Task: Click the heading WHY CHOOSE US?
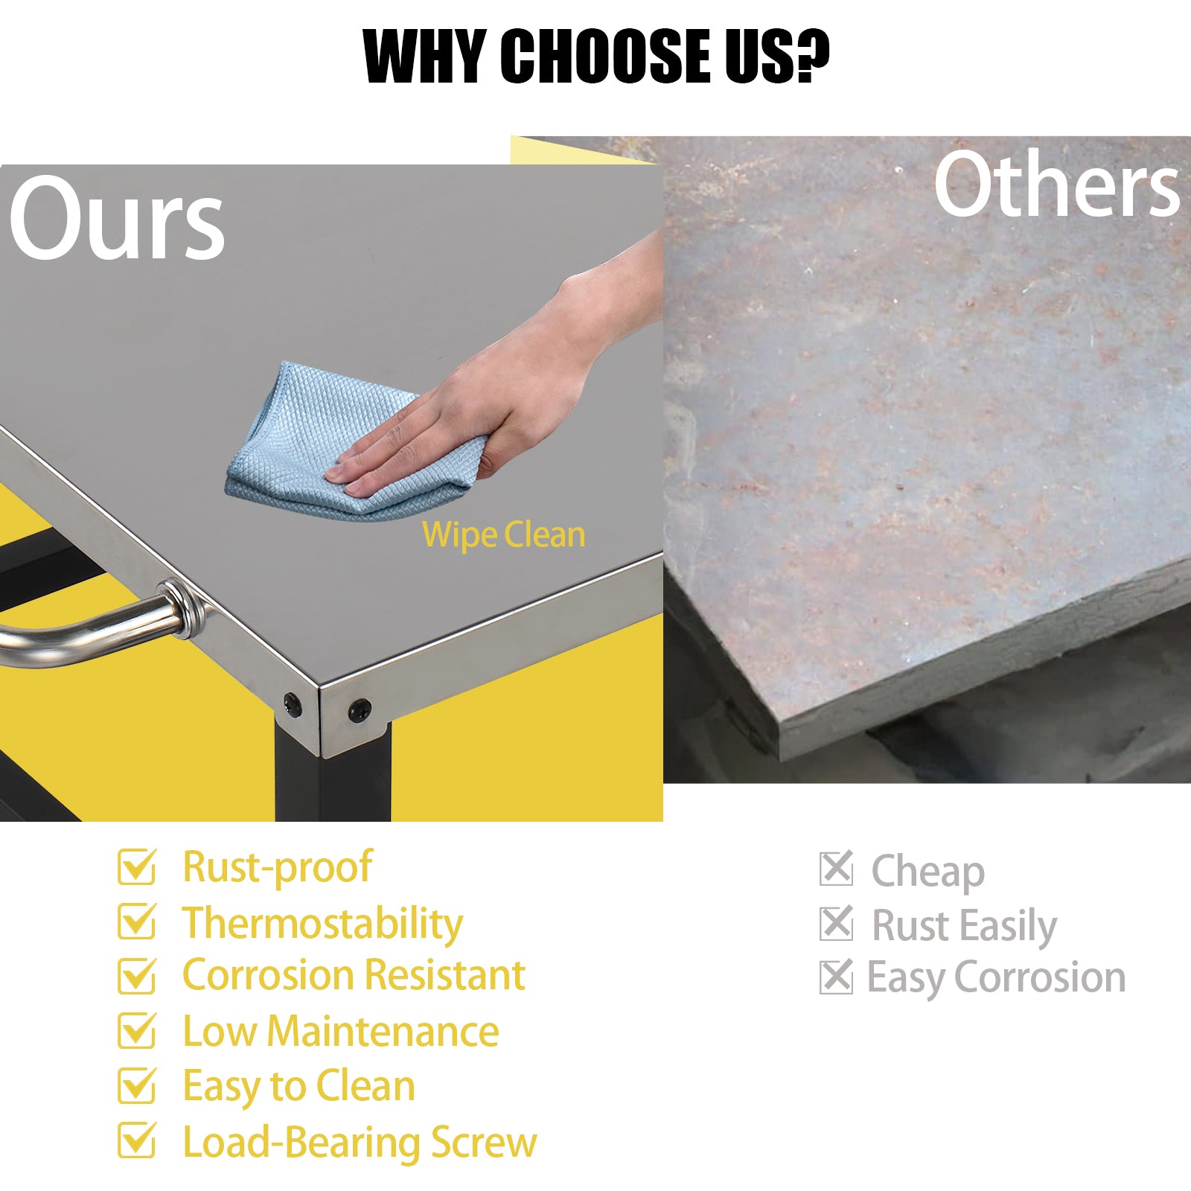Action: [595, 56]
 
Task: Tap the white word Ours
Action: [117, 220]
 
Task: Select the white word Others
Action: [1057, 185]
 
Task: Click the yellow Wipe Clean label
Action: [504, 535]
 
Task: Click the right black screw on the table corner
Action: [360, 709]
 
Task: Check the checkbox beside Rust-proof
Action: [138, 866]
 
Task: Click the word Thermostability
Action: [323, 924]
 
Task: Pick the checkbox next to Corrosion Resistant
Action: [138, 975]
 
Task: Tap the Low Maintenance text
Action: [341, 1031]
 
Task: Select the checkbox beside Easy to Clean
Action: [138, 1085]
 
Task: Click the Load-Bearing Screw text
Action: [360, 1142]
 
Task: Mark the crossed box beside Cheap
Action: [837, 869]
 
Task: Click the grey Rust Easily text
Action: [964, 926]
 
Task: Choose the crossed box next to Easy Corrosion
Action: [837, 977]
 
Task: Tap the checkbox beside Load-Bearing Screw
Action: [138, 1140]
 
